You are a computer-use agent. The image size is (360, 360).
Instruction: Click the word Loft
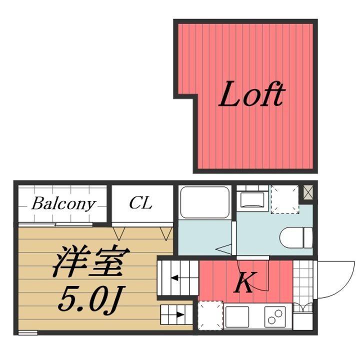[x=251, y=95]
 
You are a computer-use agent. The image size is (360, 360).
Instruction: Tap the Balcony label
[x=63, y=204]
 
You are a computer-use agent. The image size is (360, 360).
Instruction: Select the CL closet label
[x=140, y=203]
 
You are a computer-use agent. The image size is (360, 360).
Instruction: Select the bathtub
[x=204, y=203]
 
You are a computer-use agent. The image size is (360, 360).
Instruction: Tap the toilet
[x=296, y=236]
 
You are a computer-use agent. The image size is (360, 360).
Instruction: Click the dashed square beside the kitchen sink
[x=210, y=315]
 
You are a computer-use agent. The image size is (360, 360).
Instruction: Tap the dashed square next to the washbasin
[x=284, y=199]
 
